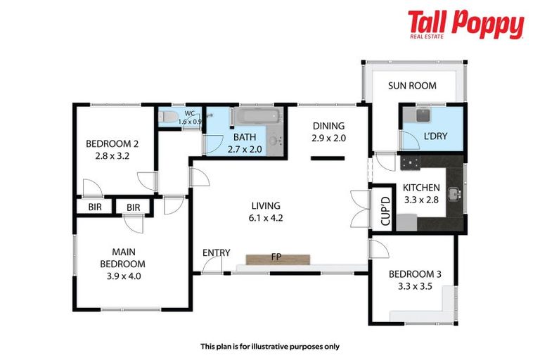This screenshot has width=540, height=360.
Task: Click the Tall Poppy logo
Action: tap(465, 25)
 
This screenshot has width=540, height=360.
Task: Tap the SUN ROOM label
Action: tap(413, 86)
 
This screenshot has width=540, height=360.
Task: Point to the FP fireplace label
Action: tap(277, 257)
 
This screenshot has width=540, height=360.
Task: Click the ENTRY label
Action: tap(217, 252)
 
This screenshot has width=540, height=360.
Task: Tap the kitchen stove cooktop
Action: tap(409, 163)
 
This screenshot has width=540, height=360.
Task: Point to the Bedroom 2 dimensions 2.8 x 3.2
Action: tap(113, 155)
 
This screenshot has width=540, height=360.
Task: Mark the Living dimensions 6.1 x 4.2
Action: tap(266, 218)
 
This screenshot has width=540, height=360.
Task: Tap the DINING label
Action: tap(329, 126)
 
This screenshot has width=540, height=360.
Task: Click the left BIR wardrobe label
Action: tap(95, 207)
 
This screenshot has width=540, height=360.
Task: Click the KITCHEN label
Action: tap(421, 188)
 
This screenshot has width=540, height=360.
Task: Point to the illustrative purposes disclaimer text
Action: tap(270, 346)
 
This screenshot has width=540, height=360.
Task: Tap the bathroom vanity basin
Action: tap(275, 140)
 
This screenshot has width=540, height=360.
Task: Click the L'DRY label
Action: tap(431, 136)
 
